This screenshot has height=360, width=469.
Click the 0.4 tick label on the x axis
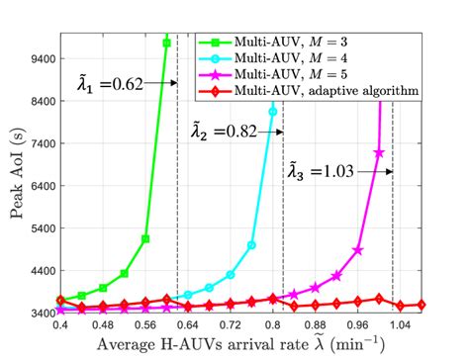pyautogui.click(x=60, y=323)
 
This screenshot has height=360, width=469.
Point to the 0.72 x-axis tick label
pyautogui.click(x=230, y=323)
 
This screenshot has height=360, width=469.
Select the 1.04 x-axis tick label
pyautogui.click(x=399, y=323)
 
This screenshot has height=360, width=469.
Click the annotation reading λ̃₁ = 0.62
pyautogui.click(x=110, y=84)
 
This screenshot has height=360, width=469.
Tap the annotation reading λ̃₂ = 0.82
pyautogui.click(x=220, y=130)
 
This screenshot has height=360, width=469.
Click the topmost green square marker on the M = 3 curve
pyautogui.click(x=166, y=43)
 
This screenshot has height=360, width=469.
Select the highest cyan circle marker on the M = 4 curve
pyautogui.click(x=273, y=112)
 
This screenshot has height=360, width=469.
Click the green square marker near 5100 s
pyautogui.click(x=145, y=239)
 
